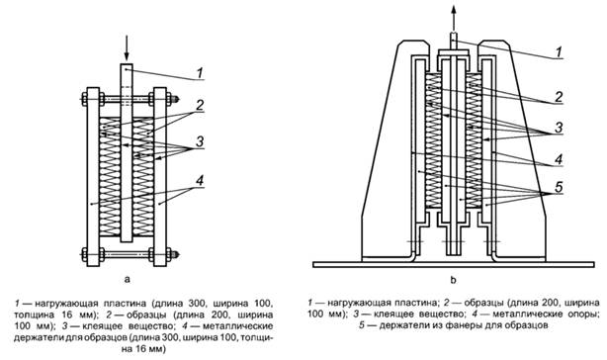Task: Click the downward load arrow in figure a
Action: click(x=127, y=48)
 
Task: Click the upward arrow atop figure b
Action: click(x=454, y=17)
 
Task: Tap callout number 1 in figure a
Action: click(x=200, y=72)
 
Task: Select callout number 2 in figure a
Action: click(x=200, y=105)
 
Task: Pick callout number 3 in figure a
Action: click(x=200, y=141)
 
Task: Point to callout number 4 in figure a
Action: click(x=200, y=180)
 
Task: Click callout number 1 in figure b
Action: click(x=559, y=51)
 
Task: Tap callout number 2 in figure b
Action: click(x=559, y=97)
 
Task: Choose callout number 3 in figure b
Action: click(x=559, y=128)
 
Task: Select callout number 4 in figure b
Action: click(x=559, y=159)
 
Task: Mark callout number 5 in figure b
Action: click(x=559, y=187)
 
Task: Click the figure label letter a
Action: click(x=128, y=280)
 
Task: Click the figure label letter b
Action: click(x=454, y=279)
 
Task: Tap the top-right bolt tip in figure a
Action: click(x=176, y=99)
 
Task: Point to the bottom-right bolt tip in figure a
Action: click(x=176, y=254)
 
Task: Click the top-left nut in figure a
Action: click(x=84, y=99)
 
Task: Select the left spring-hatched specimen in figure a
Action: click(x=110, y=177)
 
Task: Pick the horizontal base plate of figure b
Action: click(x=454, y=264)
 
